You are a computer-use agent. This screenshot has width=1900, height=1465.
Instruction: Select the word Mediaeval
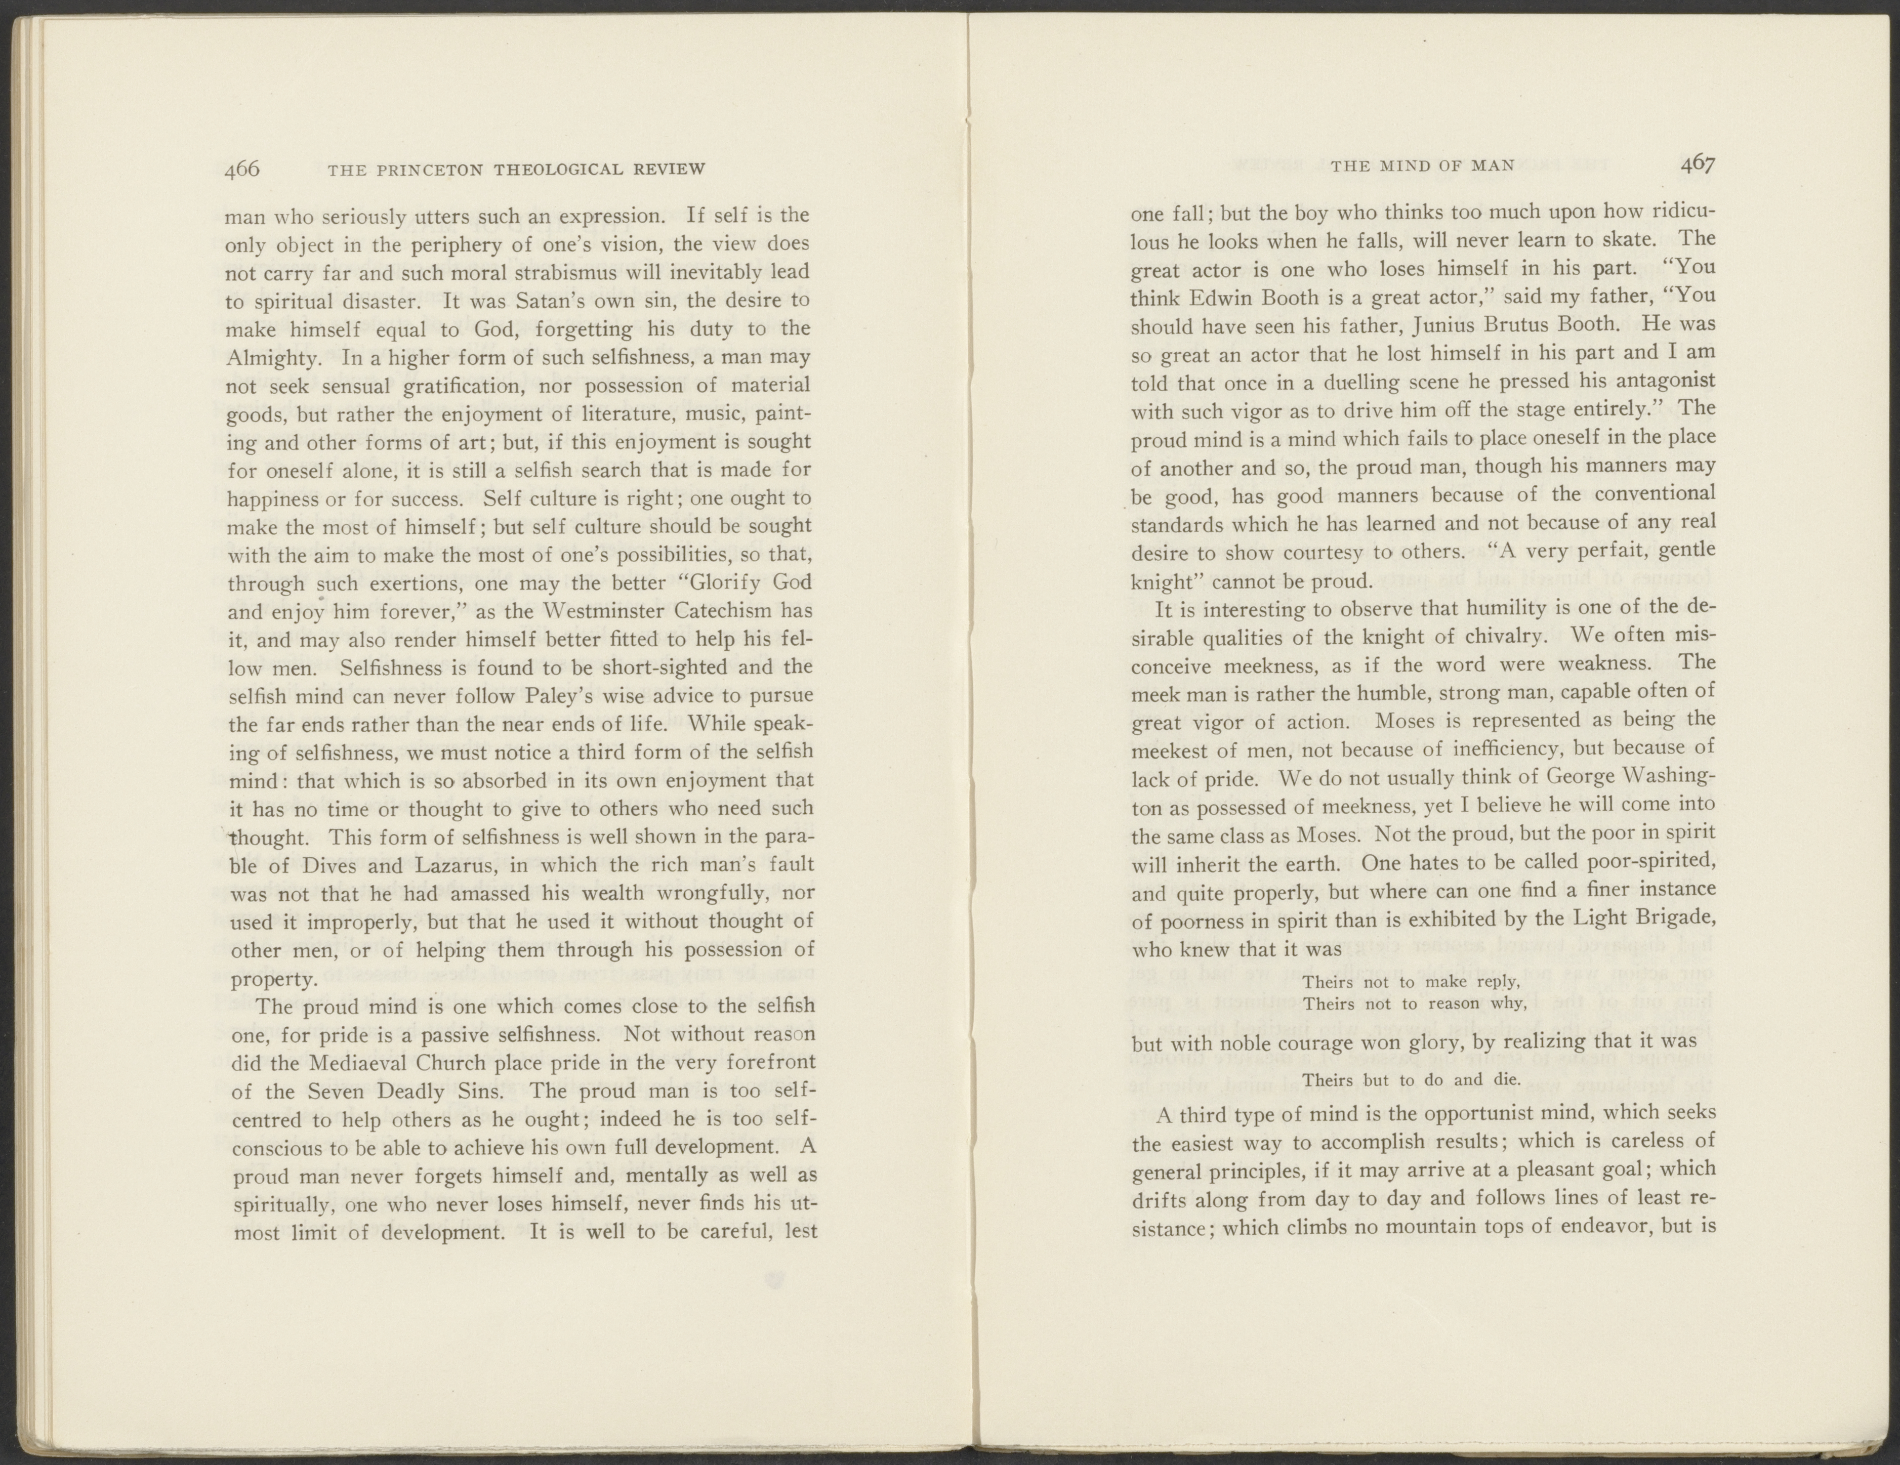(339, 1063)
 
